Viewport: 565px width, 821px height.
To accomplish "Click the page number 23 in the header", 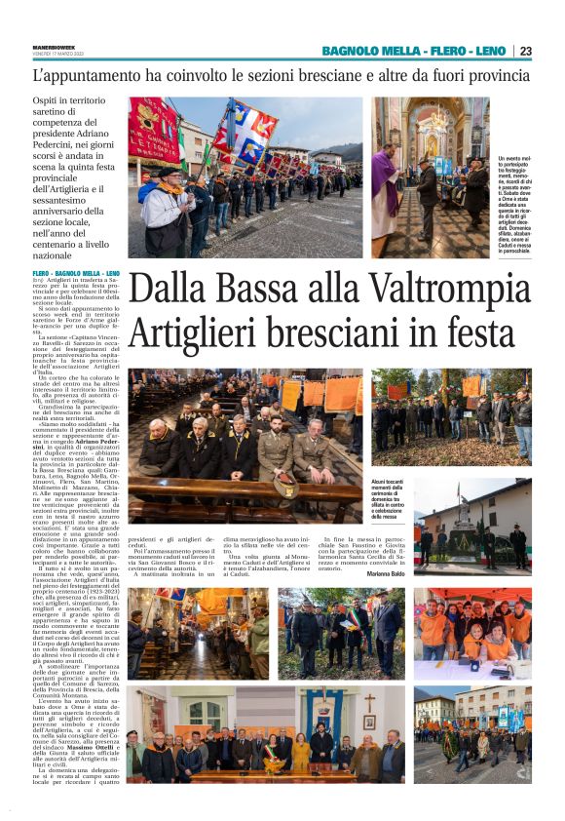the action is point(525,51).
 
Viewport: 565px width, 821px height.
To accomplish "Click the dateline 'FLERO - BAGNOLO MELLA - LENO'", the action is point(76,274).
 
